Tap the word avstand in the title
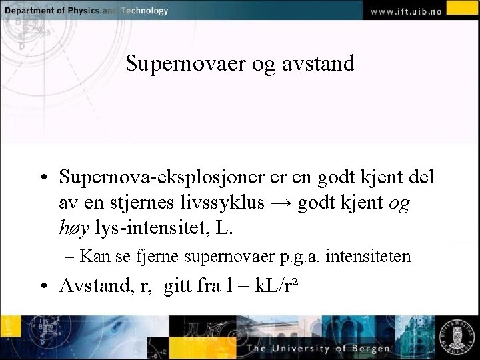tap(318, 64)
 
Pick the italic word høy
tap(74, 228)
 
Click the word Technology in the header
tap(144, 11)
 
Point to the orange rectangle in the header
tap(462, 7)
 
